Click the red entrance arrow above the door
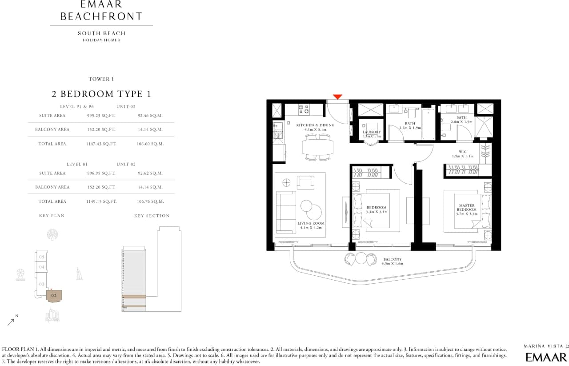click(x=337, y=97)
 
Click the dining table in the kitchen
click(x=317, y=147)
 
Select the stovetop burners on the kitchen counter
click(x=304, y=109)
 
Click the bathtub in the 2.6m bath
click(x=429, y=124)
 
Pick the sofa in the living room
click(x=286, y=212)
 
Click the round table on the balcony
click(x=361, y=258)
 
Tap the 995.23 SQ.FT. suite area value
click(x=101, y=116)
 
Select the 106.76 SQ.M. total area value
click(x=150, y=201)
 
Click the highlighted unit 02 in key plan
click(x=54, y=296)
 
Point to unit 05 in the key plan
click(x=42, y=257)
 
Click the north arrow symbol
click(x=11, y=322)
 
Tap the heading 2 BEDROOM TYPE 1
click(x=101, y=94)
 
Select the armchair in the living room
click(x=305, y=182)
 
